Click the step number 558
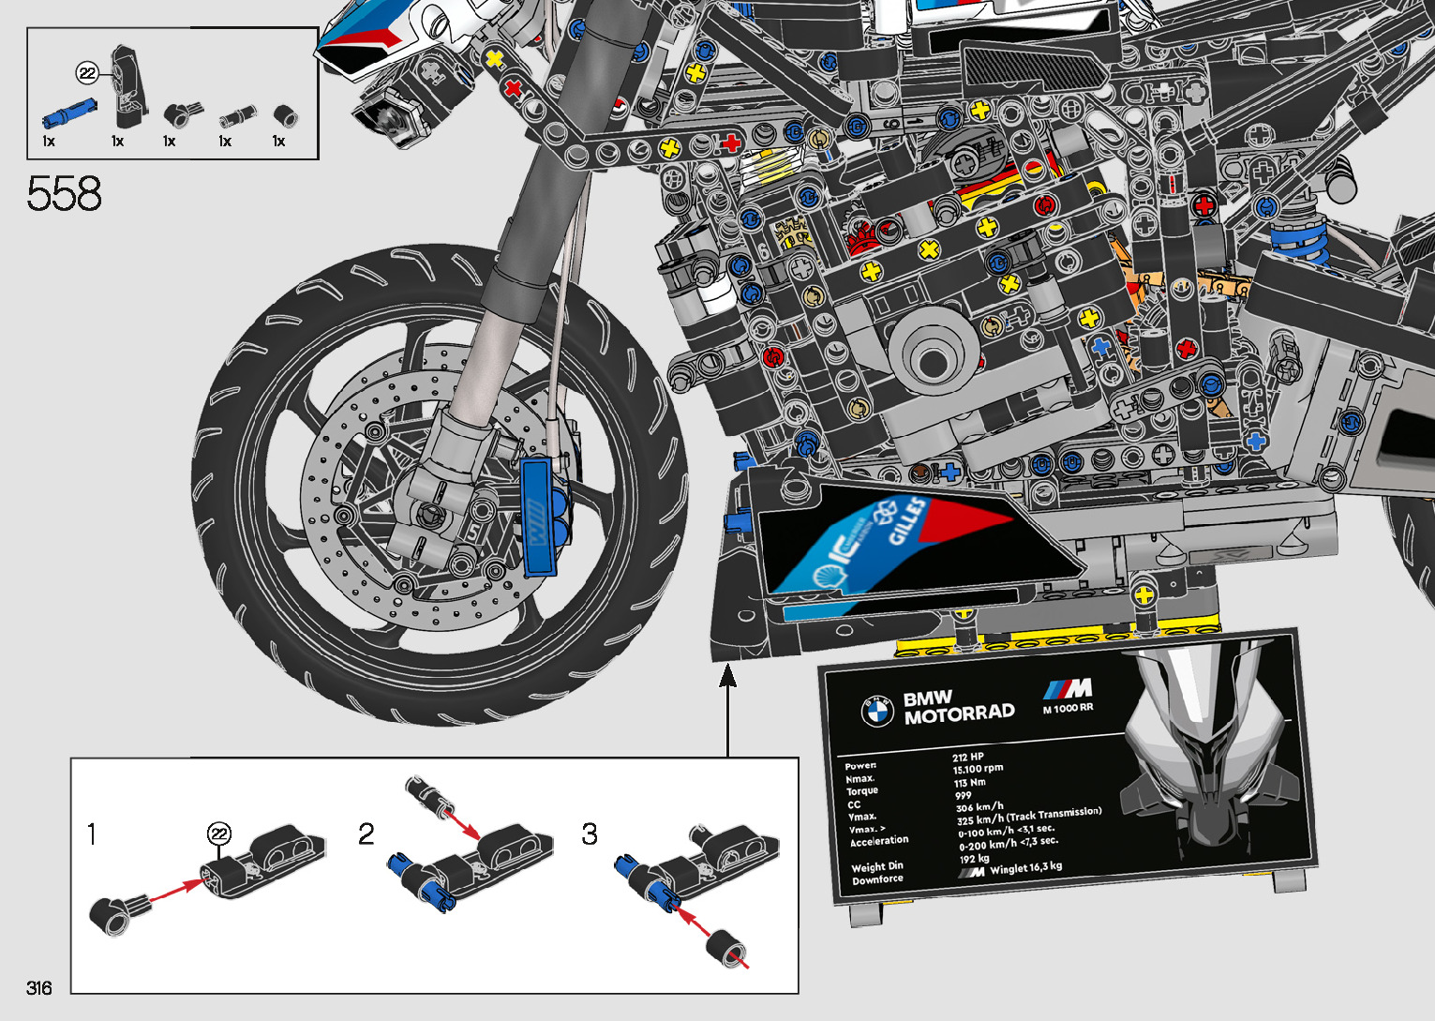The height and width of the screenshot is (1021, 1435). pyautogui.click(x=64, y=194)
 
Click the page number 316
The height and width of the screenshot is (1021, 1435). pyautogui.click(x=39, y=987)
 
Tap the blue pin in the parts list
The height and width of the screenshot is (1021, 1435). pyautogui.click(x=67, y=113)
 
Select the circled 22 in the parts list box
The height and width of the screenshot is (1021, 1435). pyautogui.click(x=87, y=73)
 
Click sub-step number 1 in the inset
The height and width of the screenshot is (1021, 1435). pyautogui.click(x=92, y=833)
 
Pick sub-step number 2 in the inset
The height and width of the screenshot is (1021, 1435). pyautogui.click(x=366, y=833)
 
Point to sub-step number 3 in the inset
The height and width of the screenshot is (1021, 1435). pyautogui.click(x=589, y=833)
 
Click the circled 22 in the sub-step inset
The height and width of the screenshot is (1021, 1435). pyautogui.click(x=218, y=833)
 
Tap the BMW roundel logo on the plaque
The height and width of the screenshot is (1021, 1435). pyautogui.click(x=876, y=711)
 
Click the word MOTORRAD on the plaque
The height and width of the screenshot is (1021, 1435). pyautogui.click(x=959, y=713)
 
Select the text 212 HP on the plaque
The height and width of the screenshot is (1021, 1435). pyautogui.click(x=968, y=757)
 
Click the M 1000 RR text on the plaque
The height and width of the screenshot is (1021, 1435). pyautogui.click(x=1068, y=708)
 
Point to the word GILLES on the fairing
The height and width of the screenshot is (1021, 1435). pyautogui.click(x=907, y=523)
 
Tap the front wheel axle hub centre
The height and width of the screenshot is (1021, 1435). pyautogui.click(x=430, y=514)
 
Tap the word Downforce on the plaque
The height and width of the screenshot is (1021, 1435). pyautogui.click(x=877, y=879)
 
